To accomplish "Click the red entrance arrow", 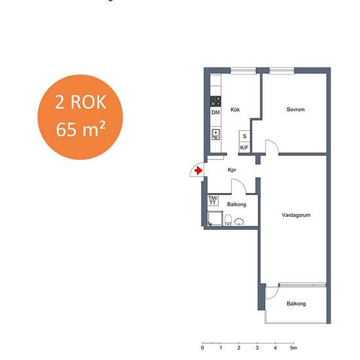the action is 198,171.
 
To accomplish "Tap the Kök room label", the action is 235,110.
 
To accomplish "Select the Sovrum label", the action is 295,109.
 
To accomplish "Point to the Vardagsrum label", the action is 296,215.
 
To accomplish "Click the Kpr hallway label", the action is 232,170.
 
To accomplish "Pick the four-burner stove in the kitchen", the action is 215,101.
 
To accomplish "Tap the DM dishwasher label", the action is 215,113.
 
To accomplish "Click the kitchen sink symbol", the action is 216,135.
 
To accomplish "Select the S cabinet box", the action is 245,136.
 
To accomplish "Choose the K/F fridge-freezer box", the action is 244,147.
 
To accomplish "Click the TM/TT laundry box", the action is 213,200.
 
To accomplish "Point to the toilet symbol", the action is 228,220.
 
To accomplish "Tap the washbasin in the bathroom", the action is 239,222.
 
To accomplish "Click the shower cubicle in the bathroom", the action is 215,219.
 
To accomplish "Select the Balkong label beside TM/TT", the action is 236,204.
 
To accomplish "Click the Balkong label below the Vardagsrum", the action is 296,304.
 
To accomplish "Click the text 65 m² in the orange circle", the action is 81,129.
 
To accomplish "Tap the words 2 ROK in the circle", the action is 81,102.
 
